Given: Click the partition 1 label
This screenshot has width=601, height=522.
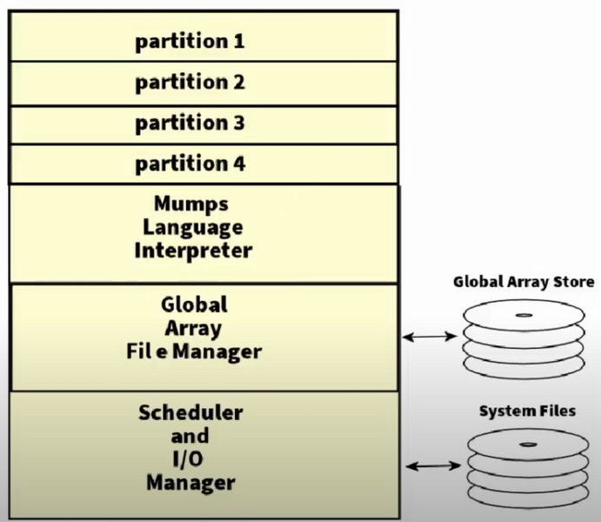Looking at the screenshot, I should coord(190,42).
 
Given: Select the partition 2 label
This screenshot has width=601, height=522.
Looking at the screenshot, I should coord(190,83).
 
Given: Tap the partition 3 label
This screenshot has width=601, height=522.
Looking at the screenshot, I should coord(190,124).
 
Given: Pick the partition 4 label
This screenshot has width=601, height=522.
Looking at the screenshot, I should coord(190,164).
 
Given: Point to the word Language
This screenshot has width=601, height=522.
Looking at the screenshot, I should coord(192,229).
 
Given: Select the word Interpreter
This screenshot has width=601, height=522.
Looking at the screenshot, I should coord(192,251).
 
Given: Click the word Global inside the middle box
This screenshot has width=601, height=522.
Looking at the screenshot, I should coord(194,305).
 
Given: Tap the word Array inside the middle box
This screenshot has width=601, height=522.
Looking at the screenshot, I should coord(194,329).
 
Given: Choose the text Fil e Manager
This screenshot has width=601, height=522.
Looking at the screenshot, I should coord(194,351).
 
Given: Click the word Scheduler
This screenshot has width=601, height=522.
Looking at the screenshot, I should coord(191,412).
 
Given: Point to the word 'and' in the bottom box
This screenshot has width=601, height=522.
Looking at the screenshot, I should coord(191,435).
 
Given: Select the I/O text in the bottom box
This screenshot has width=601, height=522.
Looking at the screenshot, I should coord(191,458).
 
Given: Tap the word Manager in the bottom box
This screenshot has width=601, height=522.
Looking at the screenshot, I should coord(191,481).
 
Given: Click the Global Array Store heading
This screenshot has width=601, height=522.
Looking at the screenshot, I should coord(524,282).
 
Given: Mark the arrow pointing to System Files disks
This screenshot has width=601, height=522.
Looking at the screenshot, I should coord(433,466).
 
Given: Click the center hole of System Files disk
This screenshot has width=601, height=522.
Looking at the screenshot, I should coord(529,444).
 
